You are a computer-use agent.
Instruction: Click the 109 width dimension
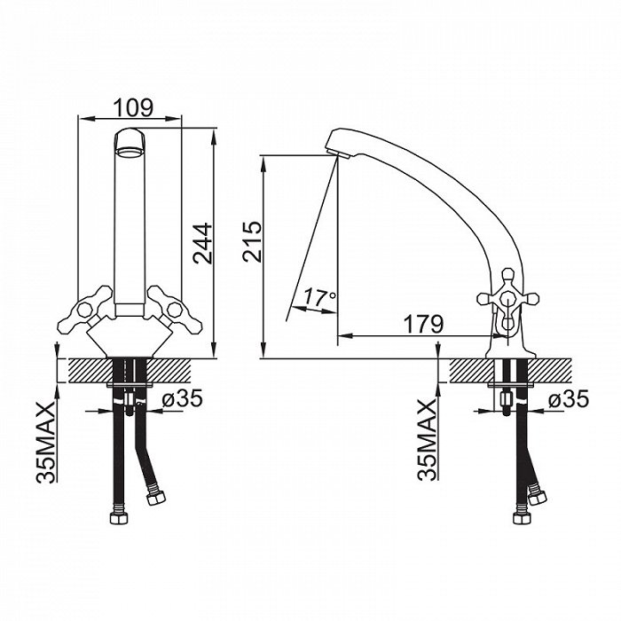tap(133, 107)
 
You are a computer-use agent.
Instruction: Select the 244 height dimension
tap(203, 243)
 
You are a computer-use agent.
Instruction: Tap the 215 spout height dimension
tap(252, 241)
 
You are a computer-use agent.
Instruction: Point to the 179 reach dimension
tap(423, 325)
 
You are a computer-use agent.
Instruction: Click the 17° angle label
tap(320, 296)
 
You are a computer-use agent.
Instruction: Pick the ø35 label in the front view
tap(183, 399)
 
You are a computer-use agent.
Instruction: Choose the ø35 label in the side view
tap(569, 399)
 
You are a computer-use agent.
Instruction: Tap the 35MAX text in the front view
tap(45, 442)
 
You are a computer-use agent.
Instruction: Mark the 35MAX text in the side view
tap(427, 440)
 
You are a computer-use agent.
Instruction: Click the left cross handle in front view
tap(85, 310)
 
